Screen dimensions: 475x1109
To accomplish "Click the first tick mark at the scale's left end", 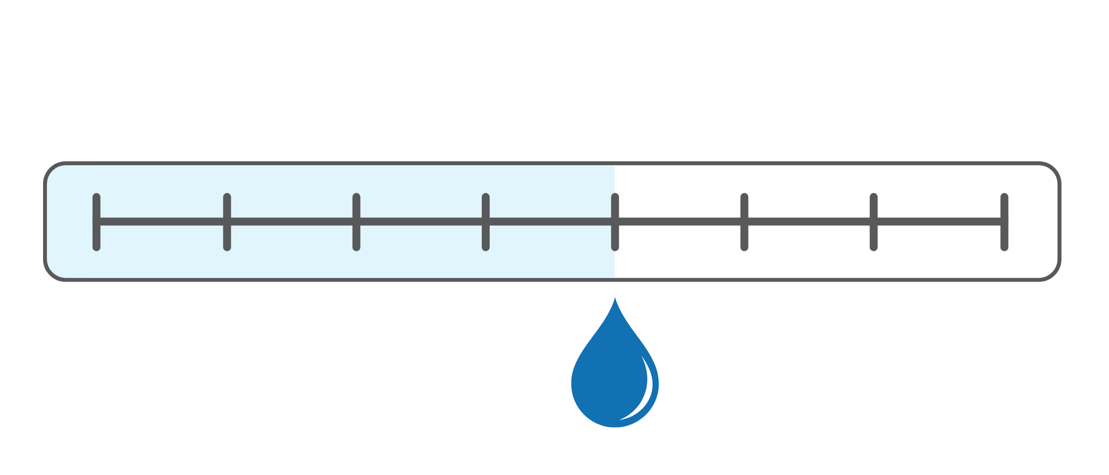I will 97,222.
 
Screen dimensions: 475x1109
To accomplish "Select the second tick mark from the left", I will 227,222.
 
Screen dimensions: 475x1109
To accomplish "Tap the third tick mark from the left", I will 356,222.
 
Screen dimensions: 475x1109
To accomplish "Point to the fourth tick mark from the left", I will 486,222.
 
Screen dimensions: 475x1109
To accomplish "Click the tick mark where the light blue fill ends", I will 615,222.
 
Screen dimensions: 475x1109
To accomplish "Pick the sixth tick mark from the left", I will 744,222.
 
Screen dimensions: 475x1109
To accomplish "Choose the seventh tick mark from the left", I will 873,222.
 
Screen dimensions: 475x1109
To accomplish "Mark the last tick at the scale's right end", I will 1004,222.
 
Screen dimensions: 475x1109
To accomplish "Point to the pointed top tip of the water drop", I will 615,300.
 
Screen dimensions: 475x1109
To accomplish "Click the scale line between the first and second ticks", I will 162,222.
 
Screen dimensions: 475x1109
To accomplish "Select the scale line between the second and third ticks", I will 292,222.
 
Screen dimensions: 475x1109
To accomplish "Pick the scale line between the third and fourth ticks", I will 421,222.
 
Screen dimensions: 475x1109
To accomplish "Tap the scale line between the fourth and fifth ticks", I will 551,222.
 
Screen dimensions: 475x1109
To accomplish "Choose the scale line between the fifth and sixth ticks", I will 680,222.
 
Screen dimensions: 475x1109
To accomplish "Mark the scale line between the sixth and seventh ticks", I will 809,222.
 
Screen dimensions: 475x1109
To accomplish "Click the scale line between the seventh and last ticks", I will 939,222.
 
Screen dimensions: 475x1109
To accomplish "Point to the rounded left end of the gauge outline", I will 46,222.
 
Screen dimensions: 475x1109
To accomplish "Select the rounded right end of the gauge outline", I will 1059,222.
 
